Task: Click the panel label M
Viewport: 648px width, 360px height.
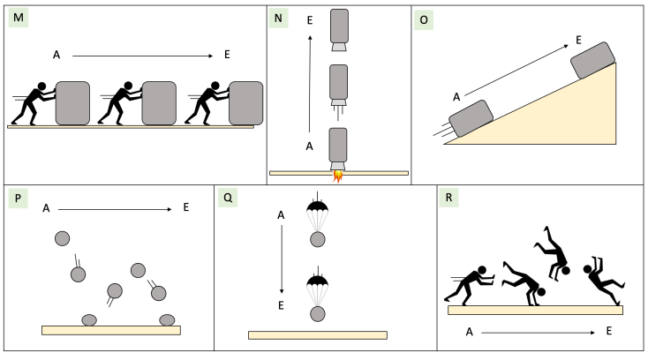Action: pyautogui.click(x=19, y=19)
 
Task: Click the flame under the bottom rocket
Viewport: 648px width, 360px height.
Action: pyautogui.click(x=337, y=178)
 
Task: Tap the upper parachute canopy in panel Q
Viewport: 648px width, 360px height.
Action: pyautogui.click(x=317, y=211)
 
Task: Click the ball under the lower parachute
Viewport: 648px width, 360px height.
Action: pyautogui.click(x=317, y=313)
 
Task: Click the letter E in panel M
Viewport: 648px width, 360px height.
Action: pyautogui.click(x=227, y=55)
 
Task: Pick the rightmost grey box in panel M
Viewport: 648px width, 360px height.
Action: pyautogui.click(x=245, y=102)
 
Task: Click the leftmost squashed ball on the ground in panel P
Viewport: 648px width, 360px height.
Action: pyautogui.click(x=90, y=319)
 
